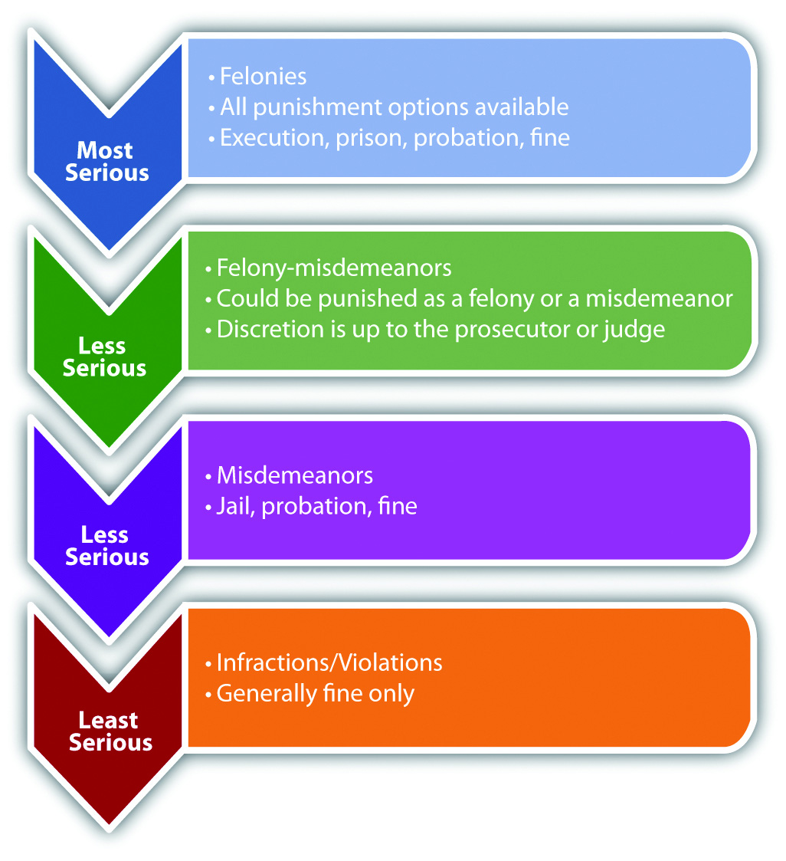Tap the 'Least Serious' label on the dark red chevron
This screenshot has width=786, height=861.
(x=110, y=731)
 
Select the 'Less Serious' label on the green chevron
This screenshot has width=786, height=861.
(x=104, y=357)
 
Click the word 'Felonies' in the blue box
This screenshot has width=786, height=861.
(x=263, y=77)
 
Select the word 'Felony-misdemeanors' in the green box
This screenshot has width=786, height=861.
(x=334, y=268)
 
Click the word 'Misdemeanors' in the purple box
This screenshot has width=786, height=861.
(x=295, y=475)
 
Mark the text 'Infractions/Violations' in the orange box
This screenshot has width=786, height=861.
(x=329, y=662)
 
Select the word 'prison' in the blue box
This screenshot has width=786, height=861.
(x=365, y=137)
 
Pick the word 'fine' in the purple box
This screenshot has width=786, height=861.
(x=397, y=506)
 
